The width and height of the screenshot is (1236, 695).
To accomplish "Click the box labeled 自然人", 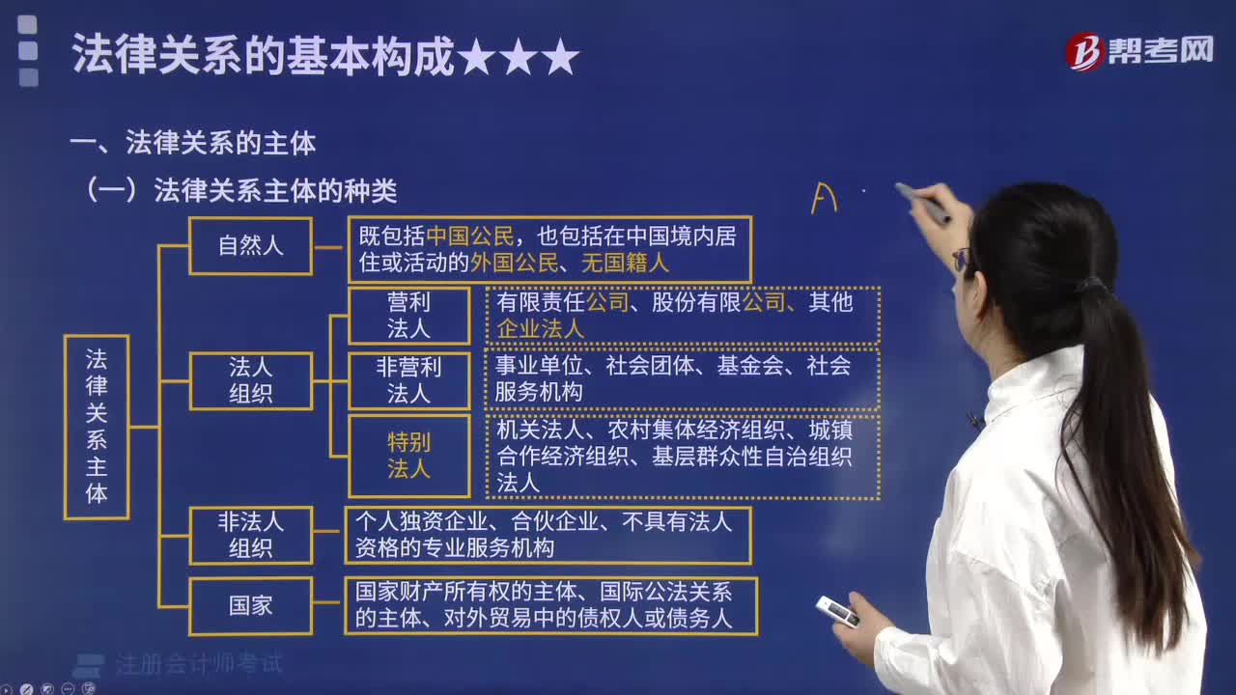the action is (x=250, y=246).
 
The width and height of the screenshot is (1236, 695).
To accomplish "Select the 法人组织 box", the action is (x=250, y=380).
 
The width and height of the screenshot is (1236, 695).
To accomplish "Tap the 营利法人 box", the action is (x=408, y=316).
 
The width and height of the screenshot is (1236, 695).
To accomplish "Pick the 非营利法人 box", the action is (x=408, y=380).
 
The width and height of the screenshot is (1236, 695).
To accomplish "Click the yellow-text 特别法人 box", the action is (x=408, y=457).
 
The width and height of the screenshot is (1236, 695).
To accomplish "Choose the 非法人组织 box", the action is (x=250, y=535).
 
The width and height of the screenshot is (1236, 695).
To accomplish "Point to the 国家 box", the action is (x=250, y=606).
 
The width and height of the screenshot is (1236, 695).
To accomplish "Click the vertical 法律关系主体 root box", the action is (x=97, y=427).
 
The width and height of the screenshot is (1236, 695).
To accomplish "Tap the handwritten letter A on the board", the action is (x=825, y=198).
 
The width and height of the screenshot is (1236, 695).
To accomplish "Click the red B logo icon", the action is (x=1083, y=52).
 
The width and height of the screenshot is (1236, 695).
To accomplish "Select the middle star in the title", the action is (x=519, y=56).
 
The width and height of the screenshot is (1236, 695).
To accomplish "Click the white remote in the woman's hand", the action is (x=837, y=611).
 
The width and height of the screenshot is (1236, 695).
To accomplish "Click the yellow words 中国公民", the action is (x=470, y=236).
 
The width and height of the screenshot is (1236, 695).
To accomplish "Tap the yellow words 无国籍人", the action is (x=625, y=264).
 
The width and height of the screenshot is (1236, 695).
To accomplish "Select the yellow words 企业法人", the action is (x=540, y=329).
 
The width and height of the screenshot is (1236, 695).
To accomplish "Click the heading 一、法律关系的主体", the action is (x=193, y=143).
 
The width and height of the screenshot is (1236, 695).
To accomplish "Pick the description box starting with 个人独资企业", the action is (x=548, y=536).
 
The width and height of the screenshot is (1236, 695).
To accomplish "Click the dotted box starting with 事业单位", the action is (x=683, y=379).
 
